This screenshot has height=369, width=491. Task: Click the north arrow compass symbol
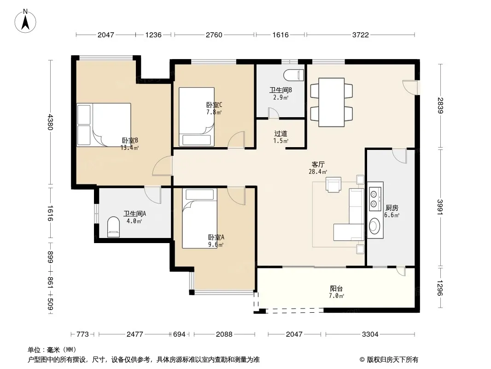click(25, 21)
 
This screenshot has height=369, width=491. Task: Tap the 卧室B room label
click(130, 141)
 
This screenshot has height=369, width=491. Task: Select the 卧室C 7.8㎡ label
click(214, 108)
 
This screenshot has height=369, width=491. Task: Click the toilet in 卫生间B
click(294, 75)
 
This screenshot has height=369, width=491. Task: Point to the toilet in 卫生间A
click(113, 227)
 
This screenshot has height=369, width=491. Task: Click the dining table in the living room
click(332, 102)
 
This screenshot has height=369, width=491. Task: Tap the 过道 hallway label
click(281, 134)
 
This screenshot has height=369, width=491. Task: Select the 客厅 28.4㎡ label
click(318, 168)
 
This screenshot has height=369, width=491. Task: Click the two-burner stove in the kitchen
click(375, 199)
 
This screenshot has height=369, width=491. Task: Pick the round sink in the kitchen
click(374, 226)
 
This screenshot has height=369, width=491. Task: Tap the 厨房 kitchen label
click(392, 208)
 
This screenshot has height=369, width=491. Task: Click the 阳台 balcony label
click(336, 288)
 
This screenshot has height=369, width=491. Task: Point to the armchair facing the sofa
click(333, 184)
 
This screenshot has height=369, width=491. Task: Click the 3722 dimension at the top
click(361, 35)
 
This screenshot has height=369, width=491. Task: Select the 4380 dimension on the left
click(50, 122)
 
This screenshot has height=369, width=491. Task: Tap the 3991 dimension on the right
click(440, 207)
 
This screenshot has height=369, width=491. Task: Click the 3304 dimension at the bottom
click(370, 334)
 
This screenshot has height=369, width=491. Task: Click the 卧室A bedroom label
click(216, 238)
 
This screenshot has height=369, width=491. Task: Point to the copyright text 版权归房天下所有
click(392, 360)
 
